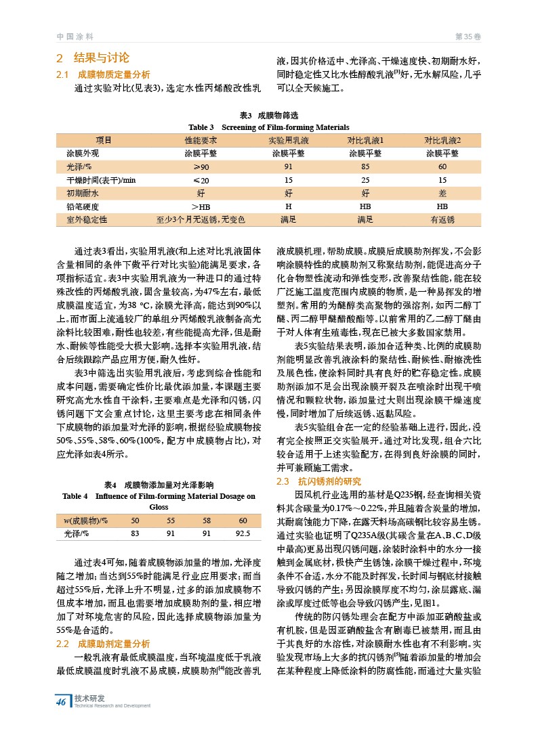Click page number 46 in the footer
(x=62, y=701)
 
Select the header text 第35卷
(x=467, y=36)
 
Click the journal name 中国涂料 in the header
(x=75, y=36)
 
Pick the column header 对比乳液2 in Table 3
(x=442, y=140)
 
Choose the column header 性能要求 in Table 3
(x=201, y=140)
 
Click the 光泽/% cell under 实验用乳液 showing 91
(x=288, y=167)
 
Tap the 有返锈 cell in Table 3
(x=442, y=219)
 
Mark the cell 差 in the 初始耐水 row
(x=442, y=193)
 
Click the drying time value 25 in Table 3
(x=365, y=180)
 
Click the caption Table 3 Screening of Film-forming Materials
(x=269, y=127)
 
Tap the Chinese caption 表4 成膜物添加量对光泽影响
(x=159, y=485)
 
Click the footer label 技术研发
(x=89, y=698)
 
